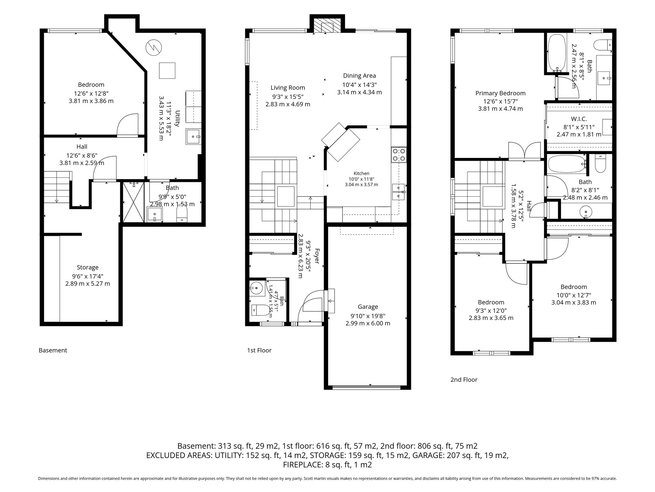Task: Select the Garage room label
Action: tap(368, 307)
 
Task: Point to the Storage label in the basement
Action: tap(88, 267)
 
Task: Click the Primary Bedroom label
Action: tap(501, 93)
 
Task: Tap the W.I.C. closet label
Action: tap(579, 119)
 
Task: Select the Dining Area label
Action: tap(359, 76)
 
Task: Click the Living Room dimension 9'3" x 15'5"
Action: tap(288, 96)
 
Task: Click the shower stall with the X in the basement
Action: tap(134, 202)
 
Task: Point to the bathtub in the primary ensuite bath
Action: tap(557, 53)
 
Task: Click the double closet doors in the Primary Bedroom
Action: tap(525, 151)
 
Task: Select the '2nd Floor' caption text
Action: tap(464, 380)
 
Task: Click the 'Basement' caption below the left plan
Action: tap(53, 350)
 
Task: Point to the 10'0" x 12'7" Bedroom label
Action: tap(574, 295)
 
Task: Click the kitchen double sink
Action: tap(398, 192)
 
